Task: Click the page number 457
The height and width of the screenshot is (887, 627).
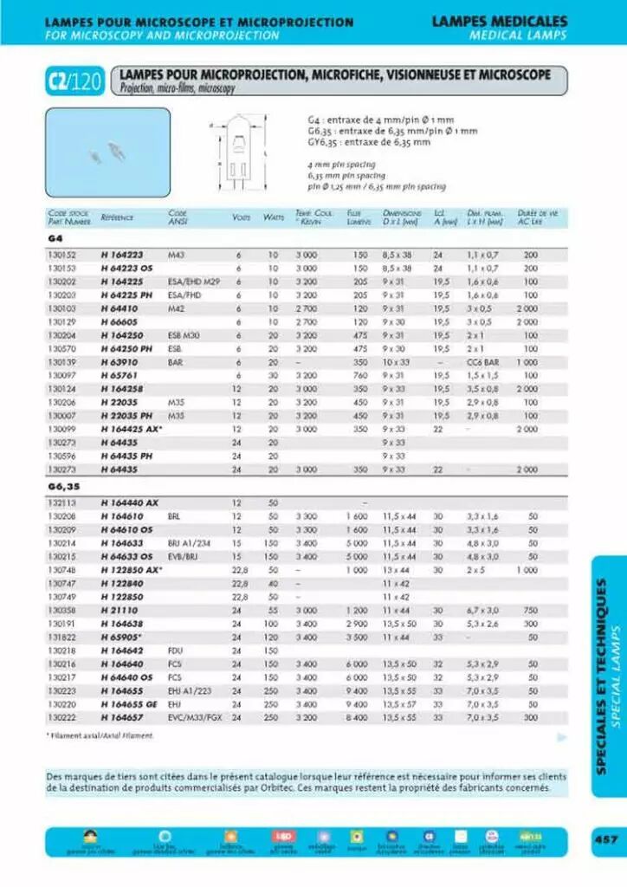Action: [x=605, y=838]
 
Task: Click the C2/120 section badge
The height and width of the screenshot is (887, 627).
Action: [x=74, y=83]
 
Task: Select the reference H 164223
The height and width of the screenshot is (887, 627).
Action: [x=121, y=256]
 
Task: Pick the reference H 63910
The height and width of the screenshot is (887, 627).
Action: [x=120, y=360]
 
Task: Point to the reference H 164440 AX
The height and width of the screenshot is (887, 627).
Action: [x=130, y=503]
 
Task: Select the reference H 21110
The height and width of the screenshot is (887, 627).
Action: [x=118, y=611]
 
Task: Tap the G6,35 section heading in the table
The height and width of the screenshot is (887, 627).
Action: [x=63, y=487]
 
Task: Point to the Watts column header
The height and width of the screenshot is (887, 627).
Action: [x=274, y=217]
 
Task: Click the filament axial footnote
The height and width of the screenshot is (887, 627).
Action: [x=100, y=735]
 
